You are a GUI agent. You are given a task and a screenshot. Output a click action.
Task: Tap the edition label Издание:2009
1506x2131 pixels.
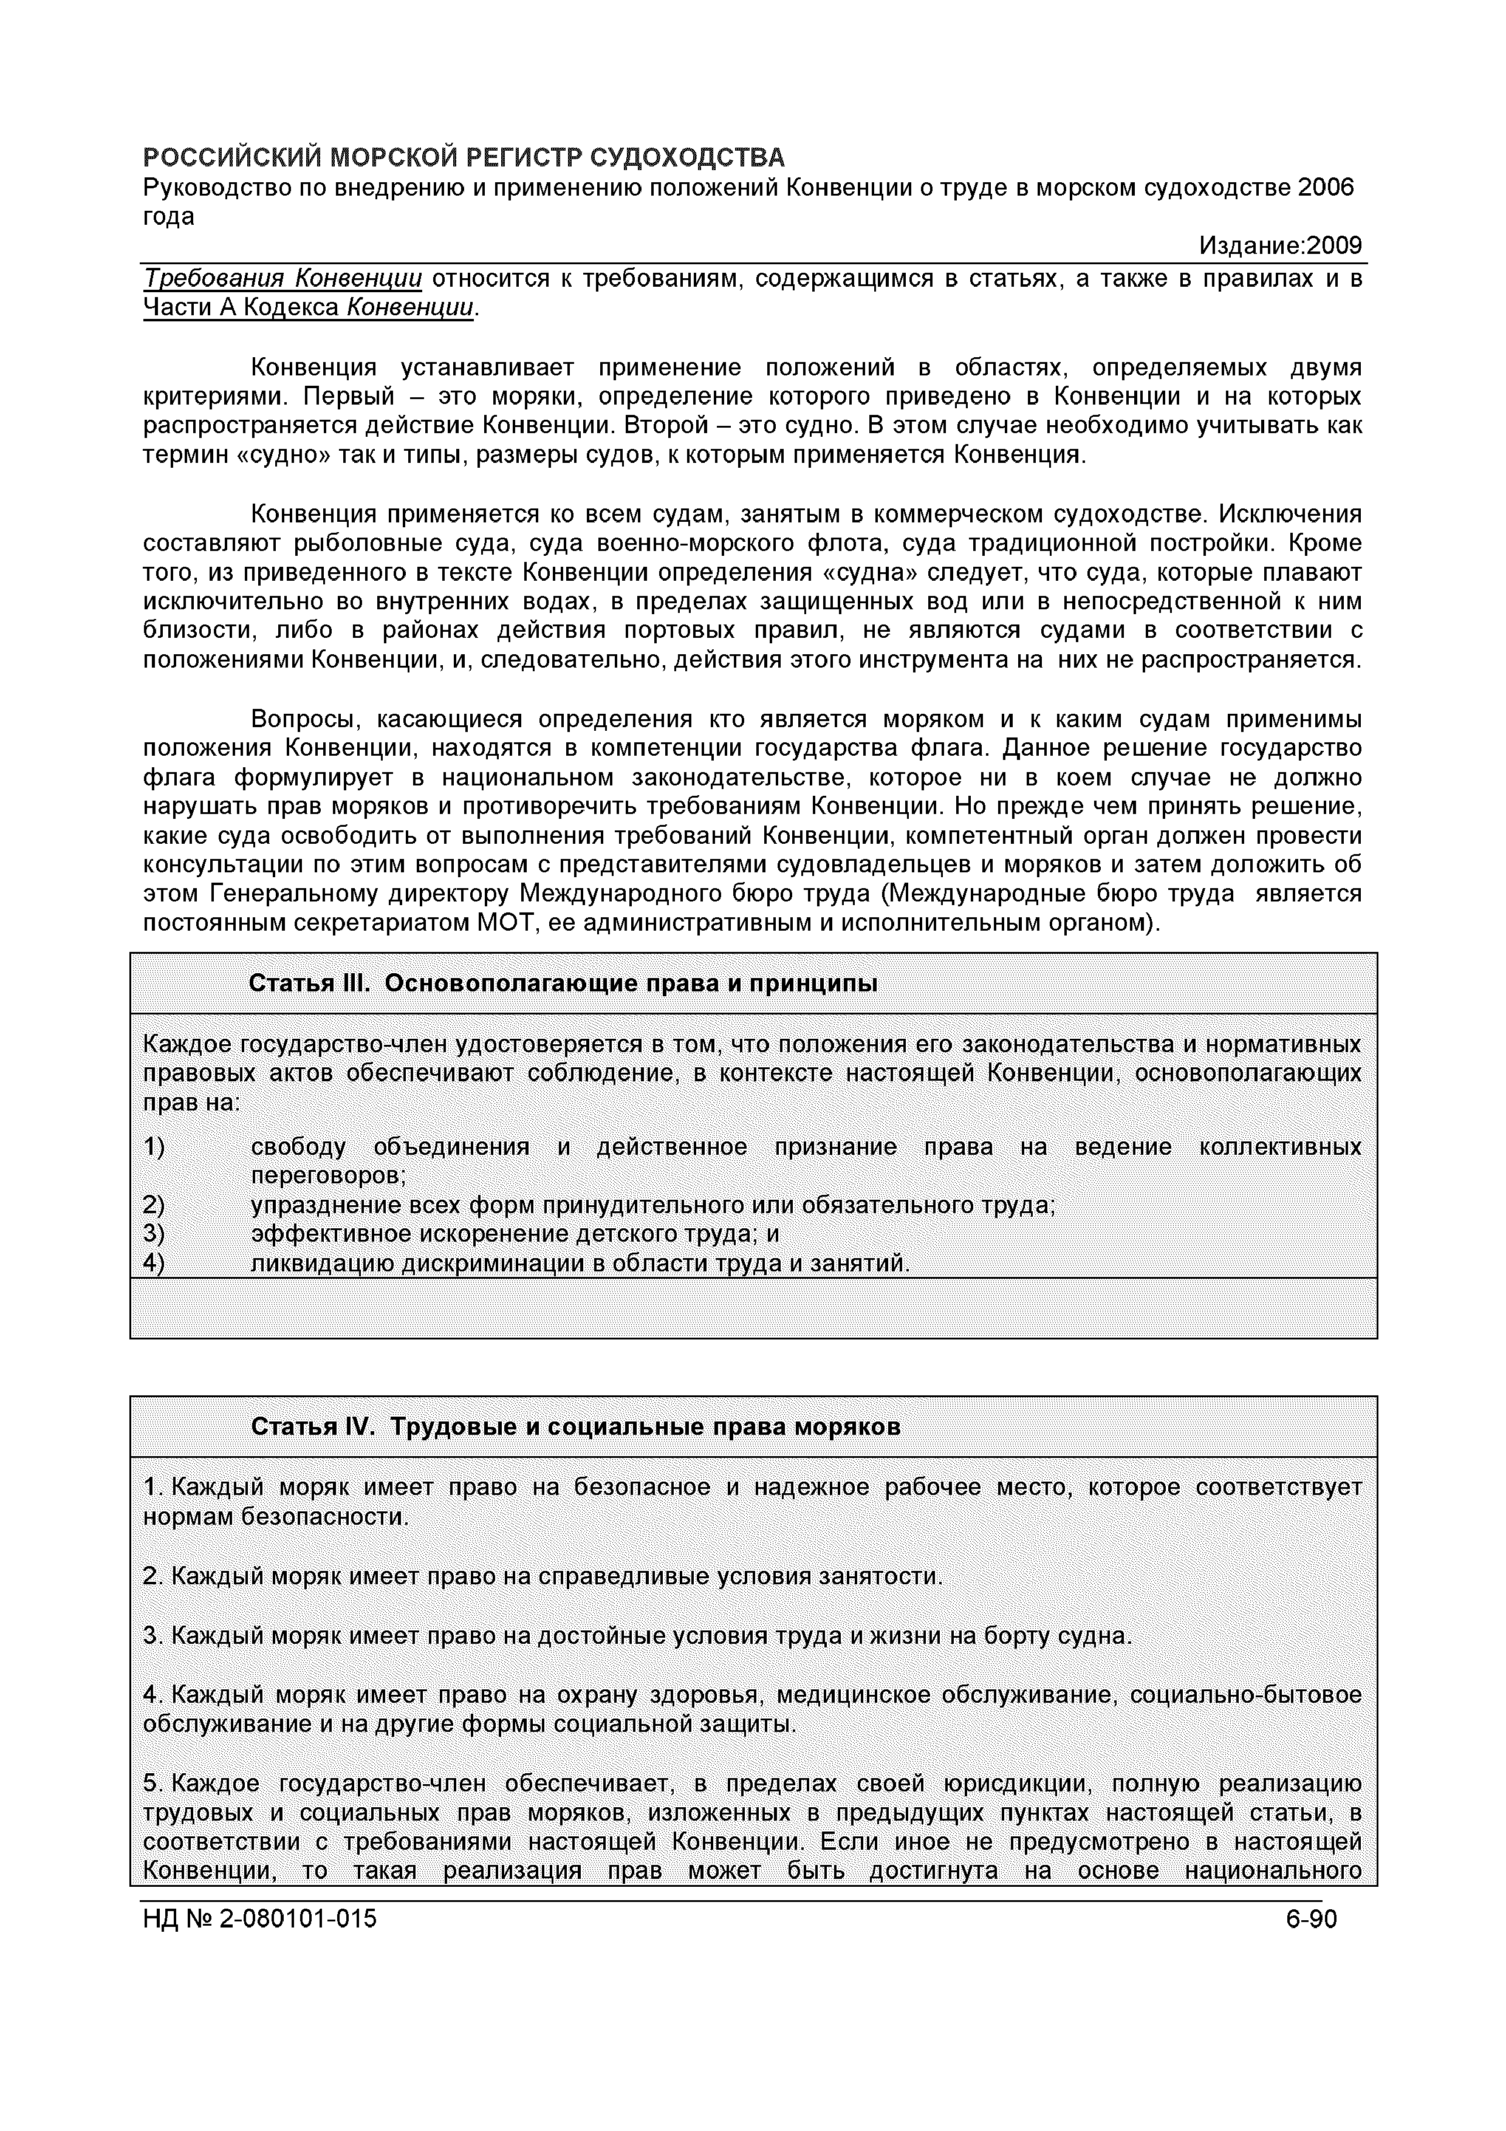[1281, 246]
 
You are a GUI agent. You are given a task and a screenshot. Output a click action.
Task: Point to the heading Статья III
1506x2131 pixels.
[310, 983]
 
